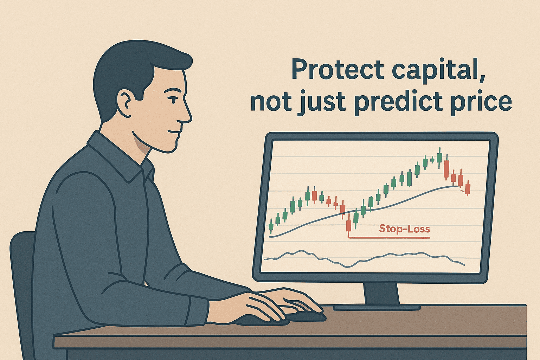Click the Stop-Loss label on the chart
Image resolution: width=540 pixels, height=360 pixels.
tap(405, 229)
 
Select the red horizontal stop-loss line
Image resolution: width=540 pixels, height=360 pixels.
tap(388, 238)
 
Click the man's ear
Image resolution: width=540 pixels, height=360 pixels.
tap(127, 102)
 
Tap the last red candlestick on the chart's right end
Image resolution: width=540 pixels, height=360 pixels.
tap(468, 188)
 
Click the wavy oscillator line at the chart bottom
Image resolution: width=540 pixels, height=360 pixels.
tap(364, 259)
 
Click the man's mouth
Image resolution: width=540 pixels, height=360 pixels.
tap(174, 132)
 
